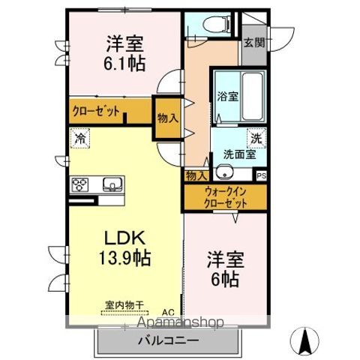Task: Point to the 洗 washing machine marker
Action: (256, 138)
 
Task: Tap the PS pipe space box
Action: (261, 176)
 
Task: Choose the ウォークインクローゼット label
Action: (226, 197)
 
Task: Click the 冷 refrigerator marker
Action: (79, 138)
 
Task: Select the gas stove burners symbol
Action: (81, 184)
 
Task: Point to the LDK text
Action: (124, 239)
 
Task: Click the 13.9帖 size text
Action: (124, 259)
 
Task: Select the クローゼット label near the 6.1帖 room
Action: (96, 110)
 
